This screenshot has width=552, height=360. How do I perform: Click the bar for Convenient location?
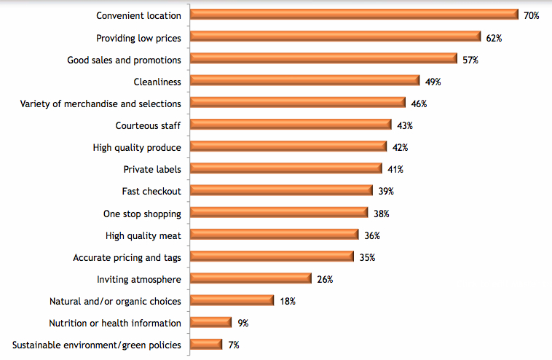click(354, 15)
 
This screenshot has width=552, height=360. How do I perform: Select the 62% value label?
click(494, 37)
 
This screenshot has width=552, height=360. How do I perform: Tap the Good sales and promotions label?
click(124, 59)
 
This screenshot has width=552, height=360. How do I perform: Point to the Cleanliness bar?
click(304, 81)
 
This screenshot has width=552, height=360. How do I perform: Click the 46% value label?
click(418, 103)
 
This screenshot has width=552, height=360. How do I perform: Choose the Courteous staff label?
click(149, 125)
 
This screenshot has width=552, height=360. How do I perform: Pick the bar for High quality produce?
click(288, 147)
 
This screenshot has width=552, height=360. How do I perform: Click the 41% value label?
click(395, 169)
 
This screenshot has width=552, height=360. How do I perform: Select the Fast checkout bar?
click(281, 191)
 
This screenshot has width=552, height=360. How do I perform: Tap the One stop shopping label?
click(143, 214)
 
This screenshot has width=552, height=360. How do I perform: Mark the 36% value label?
click(371, 235)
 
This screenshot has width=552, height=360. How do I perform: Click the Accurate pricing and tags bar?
click(272, 257)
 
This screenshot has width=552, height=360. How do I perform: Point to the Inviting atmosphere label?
click(139, 279)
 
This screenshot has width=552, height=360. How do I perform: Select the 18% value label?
click(287, 301)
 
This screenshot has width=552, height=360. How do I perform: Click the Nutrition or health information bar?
click(210, 323)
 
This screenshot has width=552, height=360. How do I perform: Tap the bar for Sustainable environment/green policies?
click(206, 345)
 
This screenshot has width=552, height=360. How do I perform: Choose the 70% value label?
click(531, 15)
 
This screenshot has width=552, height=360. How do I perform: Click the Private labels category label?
click(152, 169)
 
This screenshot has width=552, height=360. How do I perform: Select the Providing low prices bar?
click(335, 37)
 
